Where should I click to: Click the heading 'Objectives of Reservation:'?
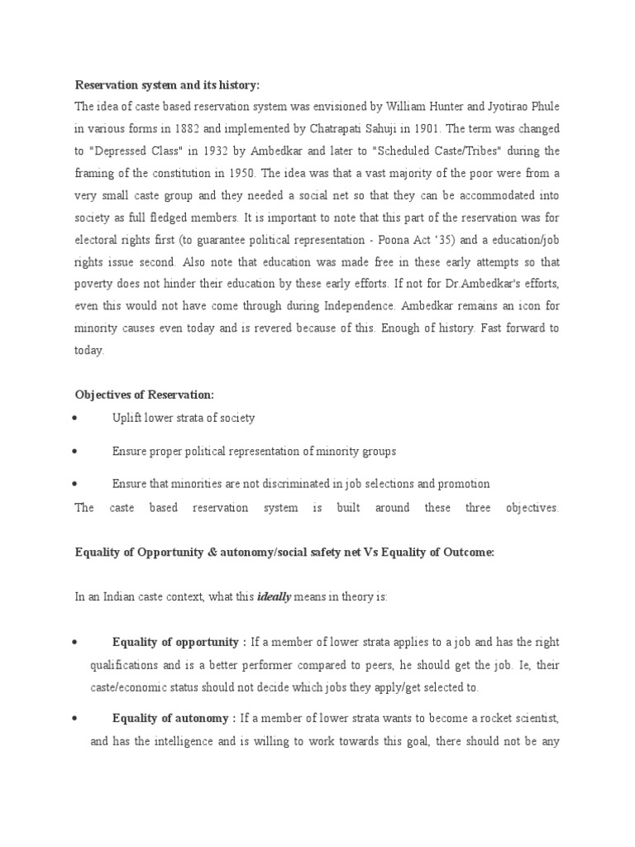tap(145, 395)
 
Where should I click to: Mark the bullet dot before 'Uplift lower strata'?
tap(75, 419)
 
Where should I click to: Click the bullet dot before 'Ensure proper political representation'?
tap(75, 452)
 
